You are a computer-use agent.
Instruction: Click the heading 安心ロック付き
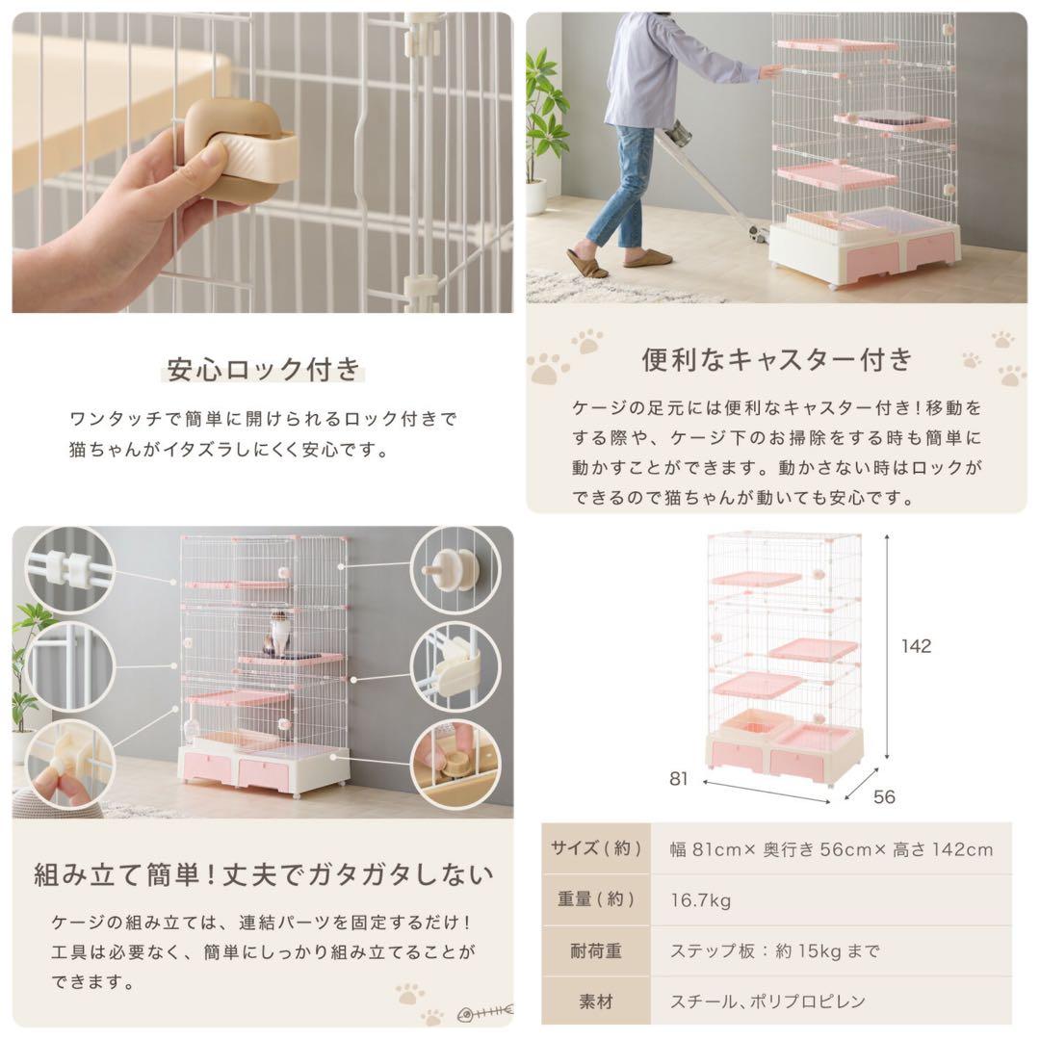[x=263, y=369]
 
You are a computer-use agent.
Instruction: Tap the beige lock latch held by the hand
[x=241, y=151]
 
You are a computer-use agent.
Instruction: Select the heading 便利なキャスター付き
[x=776, y=359]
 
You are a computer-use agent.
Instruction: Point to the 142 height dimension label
[x=916, y=646]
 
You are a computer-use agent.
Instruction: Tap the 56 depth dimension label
[x=884, y=796]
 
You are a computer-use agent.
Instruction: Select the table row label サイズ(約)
[x=596, y=848]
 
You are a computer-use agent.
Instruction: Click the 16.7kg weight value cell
[x=701, y=900]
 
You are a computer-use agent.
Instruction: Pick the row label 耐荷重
[x=596, y=950]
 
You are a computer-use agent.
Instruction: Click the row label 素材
[x=596, y=1001]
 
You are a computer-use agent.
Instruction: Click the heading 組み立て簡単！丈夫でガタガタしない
[x=263, y=875]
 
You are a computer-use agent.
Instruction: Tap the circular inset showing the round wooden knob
[x=455, y=570]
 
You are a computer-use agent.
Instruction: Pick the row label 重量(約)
[x=596, y=900]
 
